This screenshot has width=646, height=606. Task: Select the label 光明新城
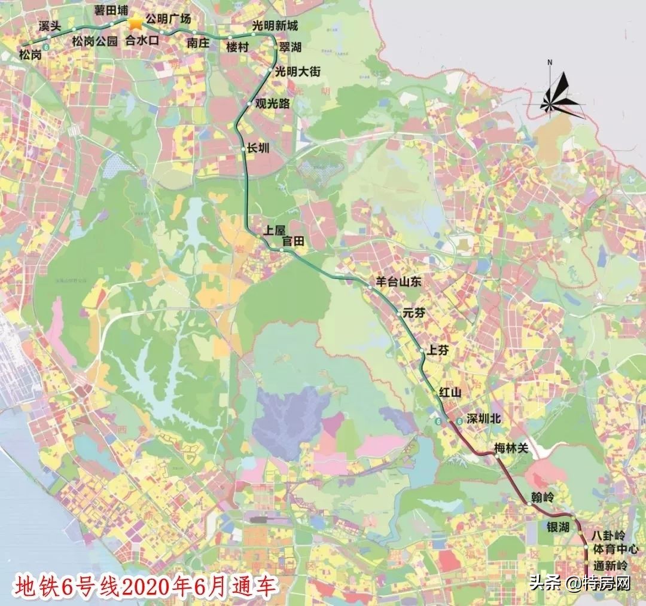[275, 26]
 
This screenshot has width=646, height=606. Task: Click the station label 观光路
[272, 103]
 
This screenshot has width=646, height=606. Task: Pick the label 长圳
[259, 149]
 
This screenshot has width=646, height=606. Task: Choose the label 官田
[294, 241]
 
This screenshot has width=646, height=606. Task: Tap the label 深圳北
[483, 420]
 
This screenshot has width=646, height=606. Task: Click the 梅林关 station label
[512, 448]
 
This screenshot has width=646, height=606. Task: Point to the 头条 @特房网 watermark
[580, 584]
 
